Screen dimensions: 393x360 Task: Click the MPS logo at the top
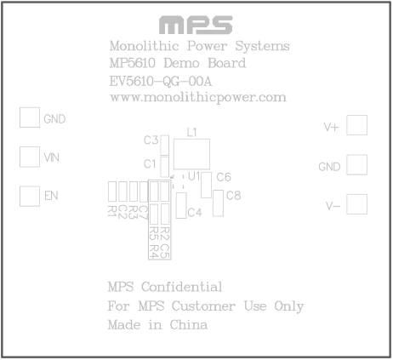tap(196, 25)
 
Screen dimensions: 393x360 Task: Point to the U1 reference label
tap(194, 176)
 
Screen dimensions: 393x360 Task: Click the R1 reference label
tap(112, 212)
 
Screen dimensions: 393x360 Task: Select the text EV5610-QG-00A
tap(161, 82)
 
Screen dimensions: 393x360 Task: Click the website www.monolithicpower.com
tap(198, 98)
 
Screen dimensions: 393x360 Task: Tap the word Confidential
tap(181, 287)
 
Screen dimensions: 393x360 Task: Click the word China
tap(188, 325)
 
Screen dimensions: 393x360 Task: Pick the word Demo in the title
tap(181, 63)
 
